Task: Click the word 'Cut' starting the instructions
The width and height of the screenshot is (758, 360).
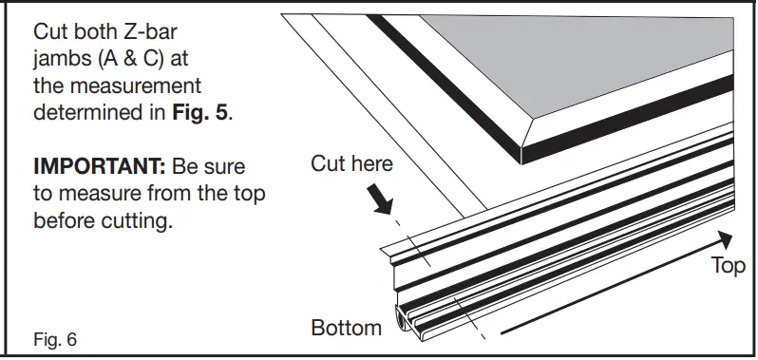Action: pos(52,33)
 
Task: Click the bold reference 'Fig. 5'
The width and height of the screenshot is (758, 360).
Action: pos(201,112)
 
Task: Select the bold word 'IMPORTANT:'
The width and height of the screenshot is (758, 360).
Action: pos(99,166)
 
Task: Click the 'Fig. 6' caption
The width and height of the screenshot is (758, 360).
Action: pos(55,338)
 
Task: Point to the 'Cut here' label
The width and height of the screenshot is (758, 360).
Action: pos(351,163)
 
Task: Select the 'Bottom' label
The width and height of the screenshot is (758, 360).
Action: pos(347,329)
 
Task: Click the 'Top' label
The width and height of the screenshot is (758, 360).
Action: pos(729,266)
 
